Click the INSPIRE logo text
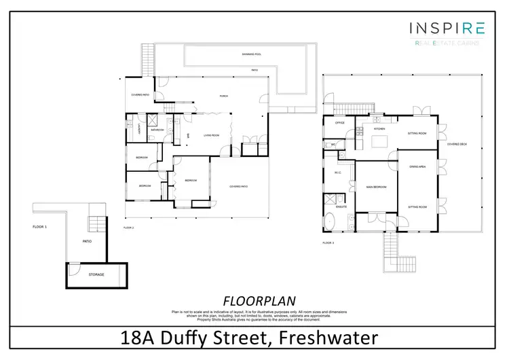(446, 28)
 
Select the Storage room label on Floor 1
(97, 274)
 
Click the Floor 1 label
(39, 226)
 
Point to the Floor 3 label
(328, 242)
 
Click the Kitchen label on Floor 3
(380, 128)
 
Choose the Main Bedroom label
(376, 186)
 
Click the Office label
(341, 123)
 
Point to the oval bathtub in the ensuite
(331, 221)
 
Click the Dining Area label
(417, 166)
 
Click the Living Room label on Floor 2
(211, 135)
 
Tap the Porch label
(223, 96)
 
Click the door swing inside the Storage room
(73, 270)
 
